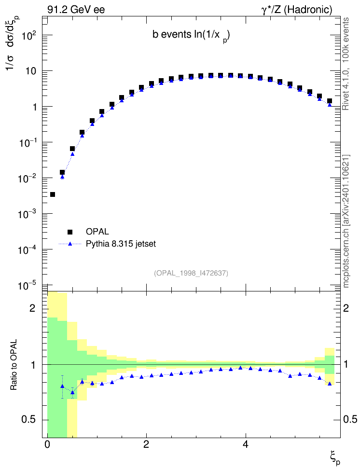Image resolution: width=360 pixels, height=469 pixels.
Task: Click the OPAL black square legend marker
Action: (70, 232)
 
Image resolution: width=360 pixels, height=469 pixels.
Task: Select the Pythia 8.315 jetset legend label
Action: (121, 244)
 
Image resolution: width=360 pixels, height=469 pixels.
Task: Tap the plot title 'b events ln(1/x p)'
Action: (191, 35)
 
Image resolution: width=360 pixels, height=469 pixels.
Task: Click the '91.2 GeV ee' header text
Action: (76, 10)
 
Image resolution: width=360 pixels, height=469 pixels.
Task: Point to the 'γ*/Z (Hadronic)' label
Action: (297, 10)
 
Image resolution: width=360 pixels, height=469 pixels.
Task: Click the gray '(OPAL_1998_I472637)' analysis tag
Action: (191, 273)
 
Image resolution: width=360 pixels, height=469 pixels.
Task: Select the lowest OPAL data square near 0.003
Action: (53, 194)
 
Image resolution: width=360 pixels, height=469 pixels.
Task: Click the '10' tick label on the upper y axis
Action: (30, 72)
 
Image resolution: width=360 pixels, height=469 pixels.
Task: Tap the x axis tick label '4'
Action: (245, 444)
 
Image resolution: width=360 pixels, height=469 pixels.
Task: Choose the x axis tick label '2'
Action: (146, 444)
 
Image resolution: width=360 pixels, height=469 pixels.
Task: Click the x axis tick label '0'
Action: (47, 444)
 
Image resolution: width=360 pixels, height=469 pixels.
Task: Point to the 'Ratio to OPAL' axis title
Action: (14, 365)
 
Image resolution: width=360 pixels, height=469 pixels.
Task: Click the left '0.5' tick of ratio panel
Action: (29, 420)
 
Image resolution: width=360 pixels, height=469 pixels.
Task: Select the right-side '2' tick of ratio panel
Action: (346, 308)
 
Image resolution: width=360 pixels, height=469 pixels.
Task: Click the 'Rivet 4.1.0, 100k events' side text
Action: (346, 64)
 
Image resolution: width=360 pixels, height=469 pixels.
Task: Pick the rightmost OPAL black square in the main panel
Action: (330, 101)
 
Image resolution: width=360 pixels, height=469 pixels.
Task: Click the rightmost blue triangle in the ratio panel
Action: (330, 384)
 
